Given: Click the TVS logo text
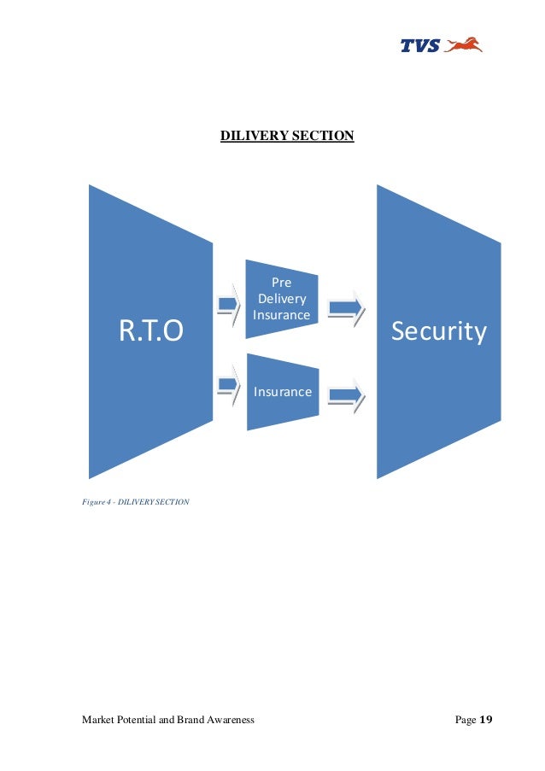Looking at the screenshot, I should pos(419,46).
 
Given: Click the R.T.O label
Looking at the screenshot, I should pos(150,331).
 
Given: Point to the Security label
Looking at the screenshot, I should pos(438,331).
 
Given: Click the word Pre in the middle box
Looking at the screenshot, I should pos(281,281).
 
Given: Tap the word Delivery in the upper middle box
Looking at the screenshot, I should pos(281,298).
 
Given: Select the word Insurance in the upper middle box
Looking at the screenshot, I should pos(281,315).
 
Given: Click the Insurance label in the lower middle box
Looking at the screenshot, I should pos(282,392).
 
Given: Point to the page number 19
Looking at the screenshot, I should pos(487,721).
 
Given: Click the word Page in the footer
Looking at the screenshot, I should pos(465,721).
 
